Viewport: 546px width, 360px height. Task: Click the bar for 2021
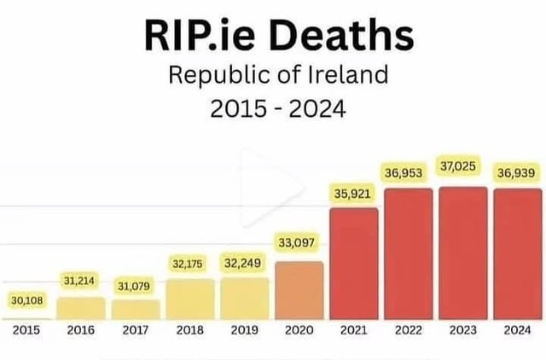click(353, 263)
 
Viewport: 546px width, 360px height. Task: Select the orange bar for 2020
click(299, 290)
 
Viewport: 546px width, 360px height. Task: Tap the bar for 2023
click(462, 253)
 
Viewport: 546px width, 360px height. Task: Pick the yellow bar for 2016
click(81, 307)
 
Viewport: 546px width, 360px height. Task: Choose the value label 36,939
click(517, 173)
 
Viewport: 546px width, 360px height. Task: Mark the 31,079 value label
click(134, 284)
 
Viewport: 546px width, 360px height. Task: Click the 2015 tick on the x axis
click(26, 329)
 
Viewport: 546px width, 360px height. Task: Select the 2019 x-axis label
click(244, 329)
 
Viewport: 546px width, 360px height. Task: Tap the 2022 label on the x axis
click(408, 329)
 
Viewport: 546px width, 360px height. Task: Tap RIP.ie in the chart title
click(200, 36)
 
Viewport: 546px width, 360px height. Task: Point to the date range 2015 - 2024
click(273, 109)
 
